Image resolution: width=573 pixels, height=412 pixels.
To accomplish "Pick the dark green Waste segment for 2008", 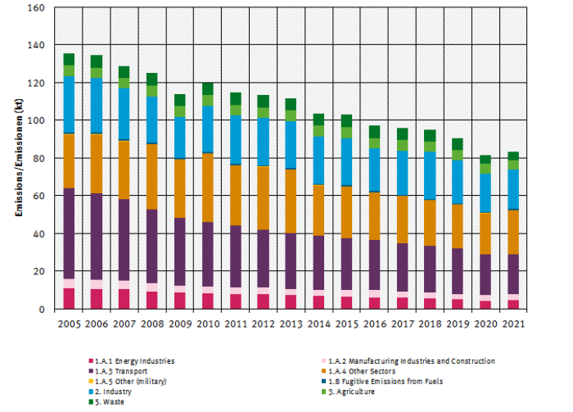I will pos(151,79).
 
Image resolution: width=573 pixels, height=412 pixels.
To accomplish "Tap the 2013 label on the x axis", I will pos(291,324).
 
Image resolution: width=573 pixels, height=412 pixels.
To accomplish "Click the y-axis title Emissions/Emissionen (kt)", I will pos(18,158).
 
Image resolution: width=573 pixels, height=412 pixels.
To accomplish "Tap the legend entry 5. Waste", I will pos(111,402).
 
